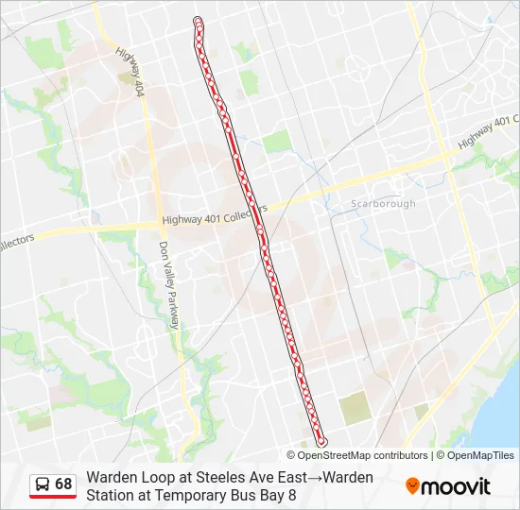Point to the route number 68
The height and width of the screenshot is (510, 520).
click(x=63, y=484)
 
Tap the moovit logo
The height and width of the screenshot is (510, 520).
click(x=448, y=486)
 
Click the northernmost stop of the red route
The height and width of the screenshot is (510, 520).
click(x=198, y=21)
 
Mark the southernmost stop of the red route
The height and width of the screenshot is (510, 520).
click(x=321, y=441)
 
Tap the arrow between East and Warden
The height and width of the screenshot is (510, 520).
click(x=318, y=477)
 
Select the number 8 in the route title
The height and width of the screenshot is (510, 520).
click(x=292, y=494)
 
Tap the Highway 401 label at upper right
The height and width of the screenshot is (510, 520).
click(x=488, y=132)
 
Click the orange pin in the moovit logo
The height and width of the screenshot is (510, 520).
click(x=413, y=486)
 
